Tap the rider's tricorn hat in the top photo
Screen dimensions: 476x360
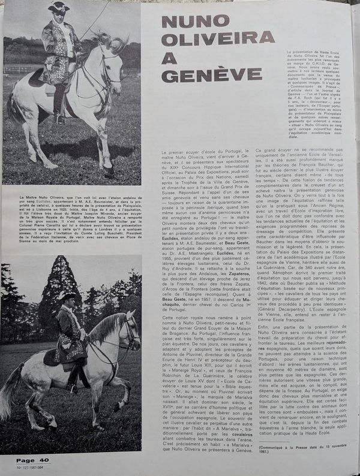point(59,7)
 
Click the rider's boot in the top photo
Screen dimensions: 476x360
point(61,111)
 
